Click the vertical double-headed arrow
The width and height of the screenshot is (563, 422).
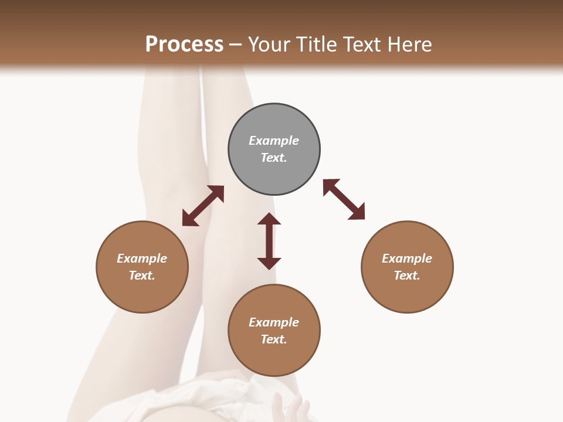[x=269, y=241]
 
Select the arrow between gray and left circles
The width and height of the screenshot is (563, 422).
[x=203, y=206]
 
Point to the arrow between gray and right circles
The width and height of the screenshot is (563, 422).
[x=344, y=199]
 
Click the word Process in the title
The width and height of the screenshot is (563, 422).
[x=184, y=45]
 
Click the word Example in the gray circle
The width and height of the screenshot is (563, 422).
[x=274, y=141]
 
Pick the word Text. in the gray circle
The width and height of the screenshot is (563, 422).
[x=274, y=158]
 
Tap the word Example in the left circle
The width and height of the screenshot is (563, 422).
[x=142, y=258]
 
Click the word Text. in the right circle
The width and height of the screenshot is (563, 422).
[x=407, y=275]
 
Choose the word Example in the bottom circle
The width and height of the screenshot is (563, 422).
[x=274, y=322]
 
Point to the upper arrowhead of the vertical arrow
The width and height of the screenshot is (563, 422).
[x=269, y=220]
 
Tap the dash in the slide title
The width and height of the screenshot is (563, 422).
[x=236, y=45]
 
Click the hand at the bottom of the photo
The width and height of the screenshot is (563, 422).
[x=291, y=408]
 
